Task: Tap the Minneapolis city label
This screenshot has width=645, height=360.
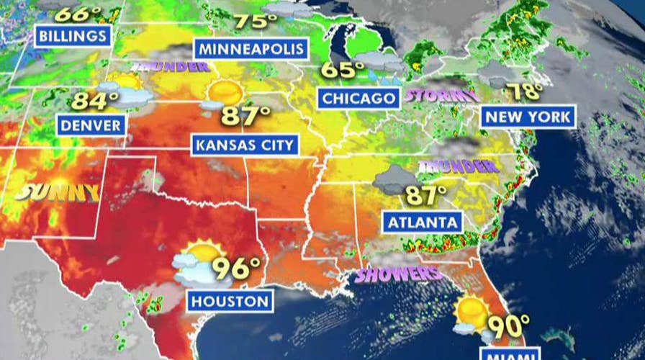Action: [x=251, y=50]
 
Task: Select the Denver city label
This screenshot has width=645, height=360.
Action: [x=90, y=125]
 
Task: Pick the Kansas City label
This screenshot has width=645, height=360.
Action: [x=245, y=145]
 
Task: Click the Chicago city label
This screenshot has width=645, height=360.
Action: [x=358, y=98]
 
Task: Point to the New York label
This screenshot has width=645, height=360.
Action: [x=528, y=117]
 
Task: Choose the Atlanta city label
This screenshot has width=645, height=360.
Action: [x=423, y=222]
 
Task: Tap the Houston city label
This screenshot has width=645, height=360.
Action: [x=230, y=301]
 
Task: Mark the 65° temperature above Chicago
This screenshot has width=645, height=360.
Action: [x=343, y=70]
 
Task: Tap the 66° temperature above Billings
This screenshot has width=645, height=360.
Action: [x=77, y=14]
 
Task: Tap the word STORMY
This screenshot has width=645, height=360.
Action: [x=441, y=95]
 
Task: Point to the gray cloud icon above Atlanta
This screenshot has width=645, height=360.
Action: [x=394, y=179]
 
